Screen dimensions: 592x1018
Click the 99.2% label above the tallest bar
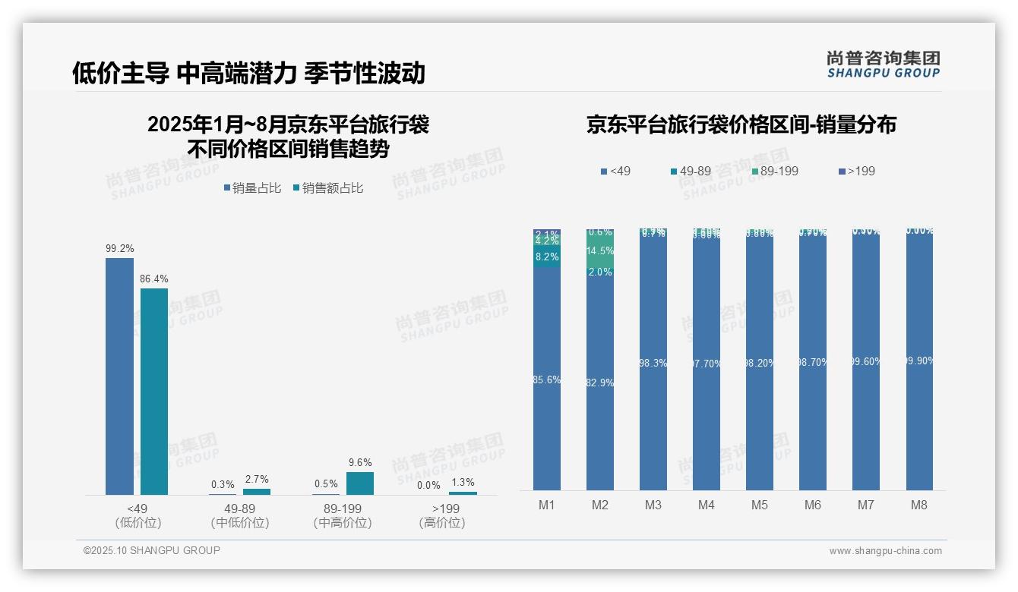pyautogui.click(x=120, y=248)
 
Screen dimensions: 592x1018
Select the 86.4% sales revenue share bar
pyautogui.click(x=154, y=391)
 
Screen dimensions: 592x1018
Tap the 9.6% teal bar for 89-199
pyautogui.click(x=360, y=483)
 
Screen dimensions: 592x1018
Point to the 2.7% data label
pyautogui.click(x=256, y=479)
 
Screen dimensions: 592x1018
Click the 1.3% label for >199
pyautogui.click(x=463, y=482)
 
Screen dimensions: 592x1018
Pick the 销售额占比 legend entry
pyautogui.click(x=327, y=188)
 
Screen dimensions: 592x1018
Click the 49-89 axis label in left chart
pyautogui.click(x=240, y=509)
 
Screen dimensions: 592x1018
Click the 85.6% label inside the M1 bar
pyautogui.click(x=547, y=379)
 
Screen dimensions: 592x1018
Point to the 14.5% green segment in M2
pyautogui.click(x=600, y=250)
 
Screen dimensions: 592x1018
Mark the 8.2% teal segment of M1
pyautogui.click(x=547, y=257)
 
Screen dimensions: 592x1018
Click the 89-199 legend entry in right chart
pyautogui.click(x=774, y=172)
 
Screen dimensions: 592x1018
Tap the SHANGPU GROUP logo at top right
pyautogui.click(x=883, y=64)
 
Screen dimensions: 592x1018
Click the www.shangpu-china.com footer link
pyautogui.click(x=885, y=551)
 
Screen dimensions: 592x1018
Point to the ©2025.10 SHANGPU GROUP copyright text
pyautogui.click(x=152, y=550)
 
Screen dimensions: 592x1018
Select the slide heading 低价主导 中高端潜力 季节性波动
pyautogui.click(x=248, y=73)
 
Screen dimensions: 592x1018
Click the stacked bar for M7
pyautogui.click(x=866, y=364)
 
